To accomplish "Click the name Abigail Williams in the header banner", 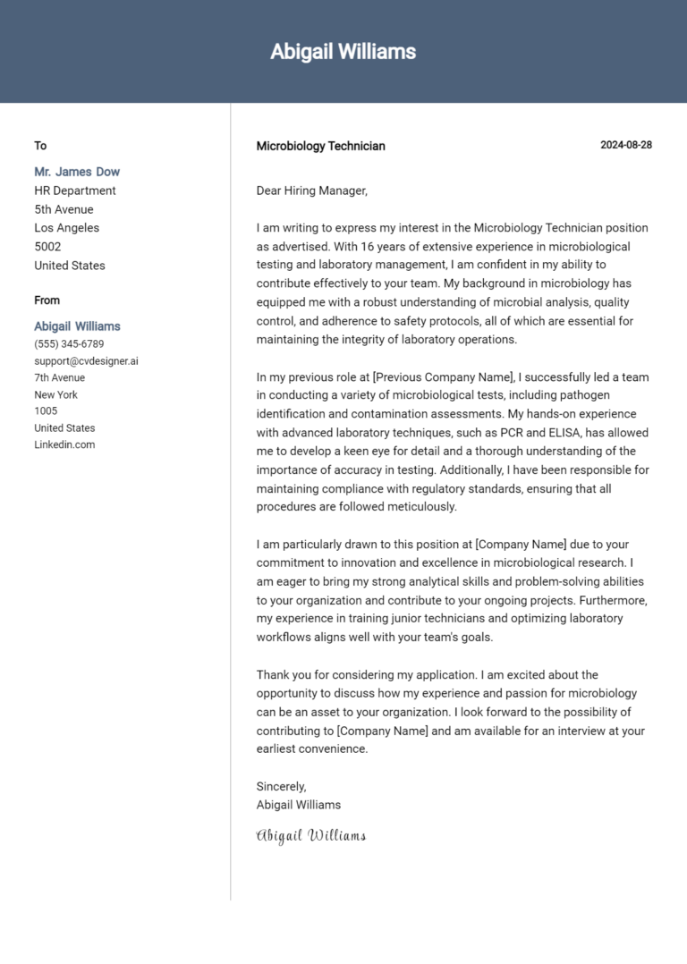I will click(343, 52).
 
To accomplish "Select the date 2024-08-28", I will click(625, 145).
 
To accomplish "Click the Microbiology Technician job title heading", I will click(320, 146).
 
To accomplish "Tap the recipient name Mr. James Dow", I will click(77, 172).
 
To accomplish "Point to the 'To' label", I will click(40, 146).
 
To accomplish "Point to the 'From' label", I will click(47, 300).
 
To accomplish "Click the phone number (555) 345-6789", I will click(69, 344).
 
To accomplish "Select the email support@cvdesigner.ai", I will click(86, 361).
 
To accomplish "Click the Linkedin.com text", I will click(64, 444).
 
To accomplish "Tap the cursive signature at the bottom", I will click(311, 836).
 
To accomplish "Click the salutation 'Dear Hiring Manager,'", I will click(311, 190).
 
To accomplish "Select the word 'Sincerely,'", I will click(281, 786).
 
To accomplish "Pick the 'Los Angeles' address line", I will click(67, 228).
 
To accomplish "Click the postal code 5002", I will click(47, 247).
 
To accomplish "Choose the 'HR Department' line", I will click(75, 190).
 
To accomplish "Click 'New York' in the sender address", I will click(55, 394).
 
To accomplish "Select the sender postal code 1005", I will click(46, 411).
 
